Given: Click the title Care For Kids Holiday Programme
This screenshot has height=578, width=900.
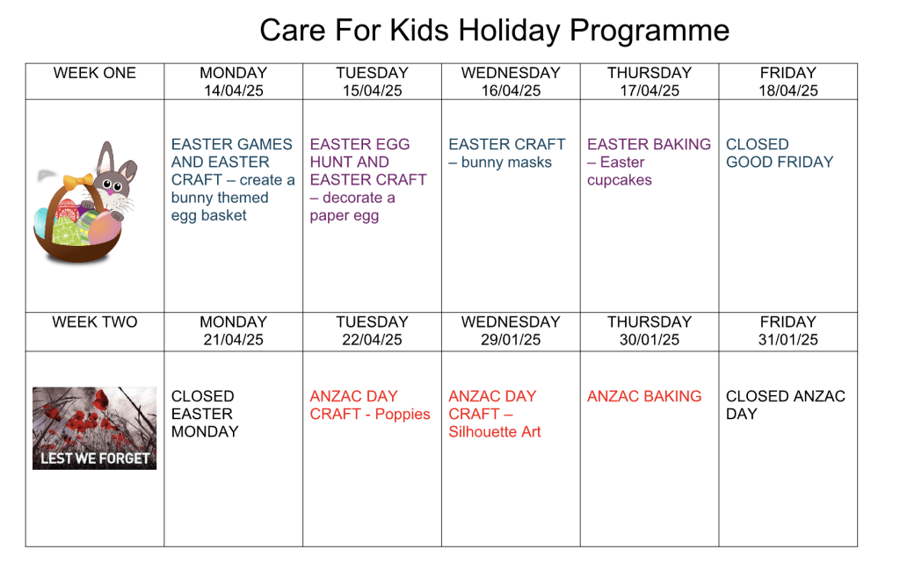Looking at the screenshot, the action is (x=494, y=31).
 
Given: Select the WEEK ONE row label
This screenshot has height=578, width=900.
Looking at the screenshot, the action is (x=95, y=73).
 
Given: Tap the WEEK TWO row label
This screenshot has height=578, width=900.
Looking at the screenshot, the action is (x=95, y=322).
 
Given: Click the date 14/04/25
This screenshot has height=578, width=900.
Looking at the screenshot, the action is (x=234, y=90).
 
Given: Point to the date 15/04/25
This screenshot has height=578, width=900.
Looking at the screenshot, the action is (x=373, y=90).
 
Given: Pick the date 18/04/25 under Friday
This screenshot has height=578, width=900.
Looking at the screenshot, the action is (x=788, y=90).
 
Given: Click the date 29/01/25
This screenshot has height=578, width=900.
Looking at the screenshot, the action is (x=511, y=339).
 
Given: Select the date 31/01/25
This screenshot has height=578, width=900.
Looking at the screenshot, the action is (x=788, y=339).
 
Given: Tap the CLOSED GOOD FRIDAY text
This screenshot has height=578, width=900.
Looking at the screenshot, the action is (x=780, y=153).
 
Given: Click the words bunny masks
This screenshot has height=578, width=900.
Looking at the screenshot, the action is (x=506, y=163).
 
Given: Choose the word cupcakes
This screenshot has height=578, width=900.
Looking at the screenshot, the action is (x=620, y=180).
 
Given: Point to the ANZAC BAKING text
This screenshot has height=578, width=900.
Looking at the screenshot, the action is (x=644, y=396).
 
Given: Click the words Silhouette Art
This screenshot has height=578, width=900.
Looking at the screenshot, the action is (x=495, y=432).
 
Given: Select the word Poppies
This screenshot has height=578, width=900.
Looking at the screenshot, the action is (x=403, y=415).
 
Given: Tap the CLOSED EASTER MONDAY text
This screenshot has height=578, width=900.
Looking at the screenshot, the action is (x=205, y=414).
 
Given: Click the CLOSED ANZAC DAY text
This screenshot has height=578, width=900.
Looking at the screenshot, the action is (x=785, y=405).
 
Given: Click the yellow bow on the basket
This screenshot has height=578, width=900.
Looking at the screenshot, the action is (x=78, y=181).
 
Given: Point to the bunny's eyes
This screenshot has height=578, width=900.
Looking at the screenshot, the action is (x=112, y=185).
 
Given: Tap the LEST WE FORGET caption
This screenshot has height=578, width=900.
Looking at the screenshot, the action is (x=95, y=459).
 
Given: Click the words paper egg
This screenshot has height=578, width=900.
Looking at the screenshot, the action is (x=345, y=216).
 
